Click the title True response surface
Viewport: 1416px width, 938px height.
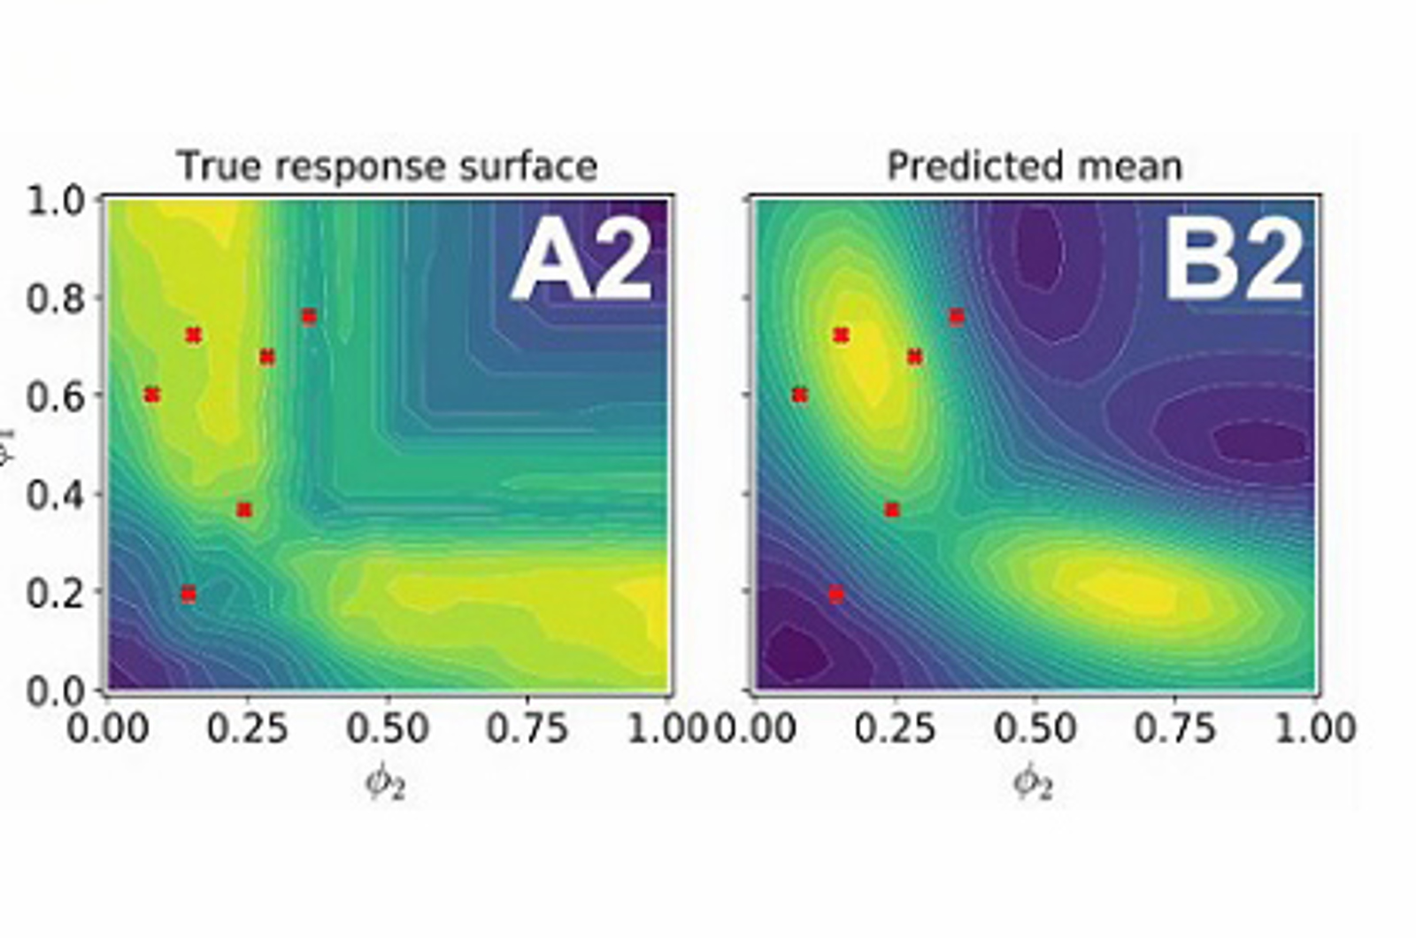pyautogui.click(x=387, y=166)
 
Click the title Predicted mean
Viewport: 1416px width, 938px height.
pyautogui.click(x=1035, y=166)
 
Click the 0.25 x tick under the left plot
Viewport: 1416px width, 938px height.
pyautogui.click(x=247, y=728)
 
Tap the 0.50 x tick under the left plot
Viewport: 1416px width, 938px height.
pyautogui.click(x=387, y=728)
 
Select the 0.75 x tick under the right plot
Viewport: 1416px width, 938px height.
pyautogui.click(x=1174, y=728)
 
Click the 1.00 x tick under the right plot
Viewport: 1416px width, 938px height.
pyautogui.click(x=1314, y=728)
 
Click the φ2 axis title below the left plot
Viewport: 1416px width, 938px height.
pyautogui.click(x=386, y=783)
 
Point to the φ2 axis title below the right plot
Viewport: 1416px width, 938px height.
pyautogui.click(x=1034, y=783)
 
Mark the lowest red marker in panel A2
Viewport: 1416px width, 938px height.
pyautogui.click(x=189, y=594)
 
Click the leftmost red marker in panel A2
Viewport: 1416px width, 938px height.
pyautogui.click(x=152, y=395)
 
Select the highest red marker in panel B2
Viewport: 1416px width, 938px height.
pyautogui.click(x=957, y=317)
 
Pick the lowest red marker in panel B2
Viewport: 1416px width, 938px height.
pyautogui.click(x=836, y=594)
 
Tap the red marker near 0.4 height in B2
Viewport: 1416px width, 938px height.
pyautogui.click(x=892, y=510)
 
